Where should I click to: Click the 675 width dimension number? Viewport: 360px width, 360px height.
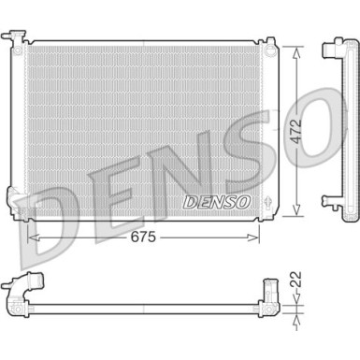[x=141, y=238]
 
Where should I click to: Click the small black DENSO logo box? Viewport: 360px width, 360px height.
[x=216, y=201]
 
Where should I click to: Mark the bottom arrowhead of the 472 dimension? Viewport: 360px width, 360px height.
[x=297, y=213]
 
